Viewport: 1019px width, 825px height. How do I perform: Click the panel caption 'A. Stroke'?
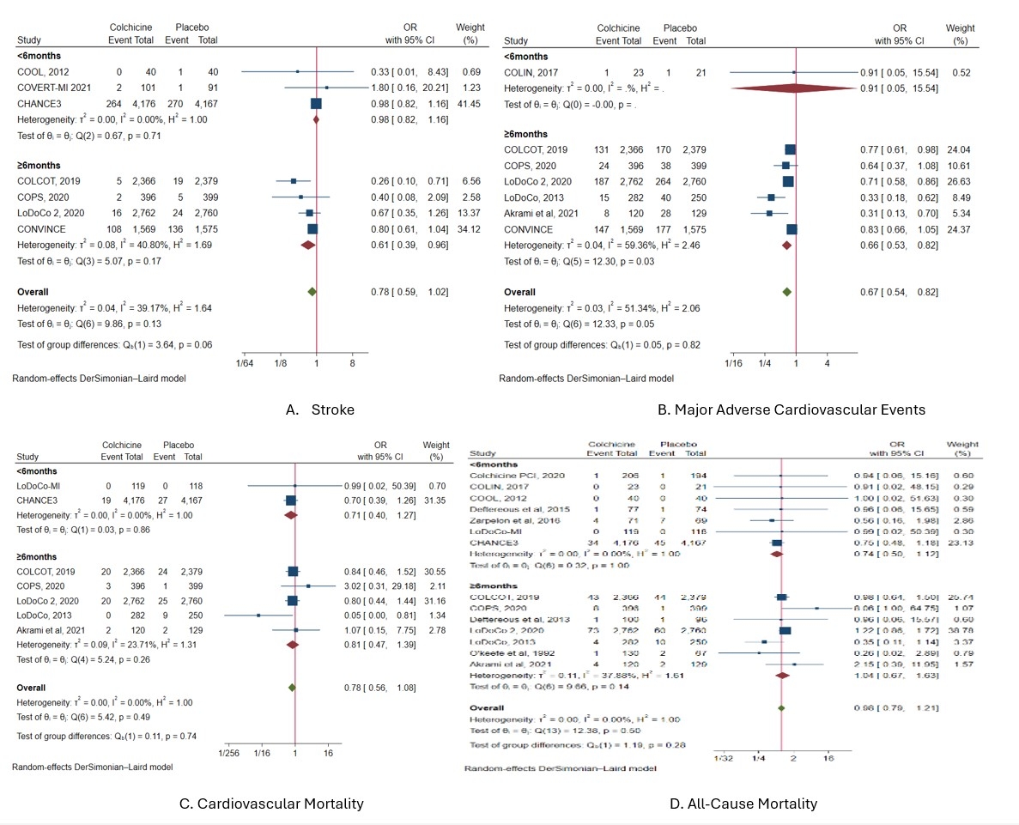(x=318, y=409)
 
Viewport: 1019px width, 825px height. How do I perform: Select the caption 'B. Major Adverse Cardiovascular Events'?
(x=791, y=409)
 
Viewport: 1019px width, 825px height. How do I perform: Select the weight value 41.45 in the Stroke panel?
(x=468, y=103)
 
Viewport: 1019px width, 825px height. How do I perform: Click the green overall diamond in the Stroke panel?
(x=312, y=292)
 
